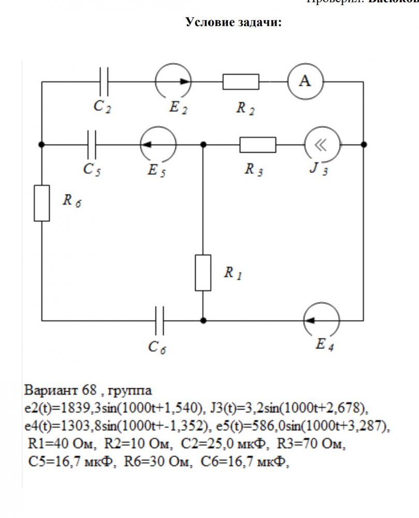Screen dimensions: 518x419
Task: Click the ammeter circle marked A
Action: pyautogui.click(x=306, y=82)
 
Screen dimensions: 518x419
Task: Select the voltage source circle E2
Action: pyautogui.click(x=173, y=82)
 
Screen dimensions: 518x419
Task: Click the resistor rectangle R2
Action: pyautogui.click(x=241, y=82)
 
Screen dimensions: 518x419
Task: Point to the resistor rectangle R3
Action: pyautogui.click(x=257, y=145)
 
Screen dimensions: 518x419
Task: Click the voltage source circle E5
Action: pyautogui.click(x=158, y=145)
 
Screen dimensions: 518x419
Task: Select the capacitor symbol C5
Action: pyautogui.click(x=93, y=145)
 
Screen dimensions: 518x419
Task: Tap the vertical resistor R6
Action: pyautogui.click(x=42, y=203)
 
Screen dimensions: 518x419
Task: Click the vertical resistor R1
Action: pyautogui.click(x=203, y=272)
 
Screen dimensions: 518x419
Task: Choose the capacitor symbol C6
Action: pyautogui.click(x=159, y=321)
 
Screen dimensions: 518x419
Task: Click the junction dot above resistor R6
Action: pyautogui.click(x=42, y=145)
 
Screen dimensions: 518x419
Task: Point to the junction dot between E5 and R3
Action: pyautogui.click(x=203, y=145)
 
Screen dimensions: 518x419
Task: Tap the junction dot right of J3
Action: pyautogui.click(x=364, y=145)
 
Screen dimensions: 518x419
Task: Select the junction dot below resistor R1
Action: pyautogui.click(x=203, y=321)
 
